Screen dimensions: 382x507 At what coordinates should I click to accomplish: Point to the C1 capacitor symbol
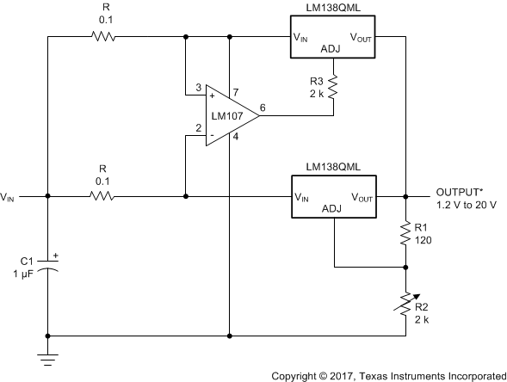click(x=47, y=268)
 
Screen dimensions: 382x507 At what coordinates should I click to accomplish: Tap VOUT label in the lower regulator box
click(x=362, y=197)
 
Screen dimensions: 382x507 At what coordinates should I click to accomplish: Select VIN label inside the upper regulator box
click(x=302, y=37)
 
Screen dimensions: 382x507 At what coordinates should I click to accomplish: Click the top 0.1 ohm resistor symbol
click(x=102, y=36)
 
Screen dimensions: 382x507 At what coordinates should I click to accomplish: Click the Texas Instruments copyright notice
click(x=388, y=375)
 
